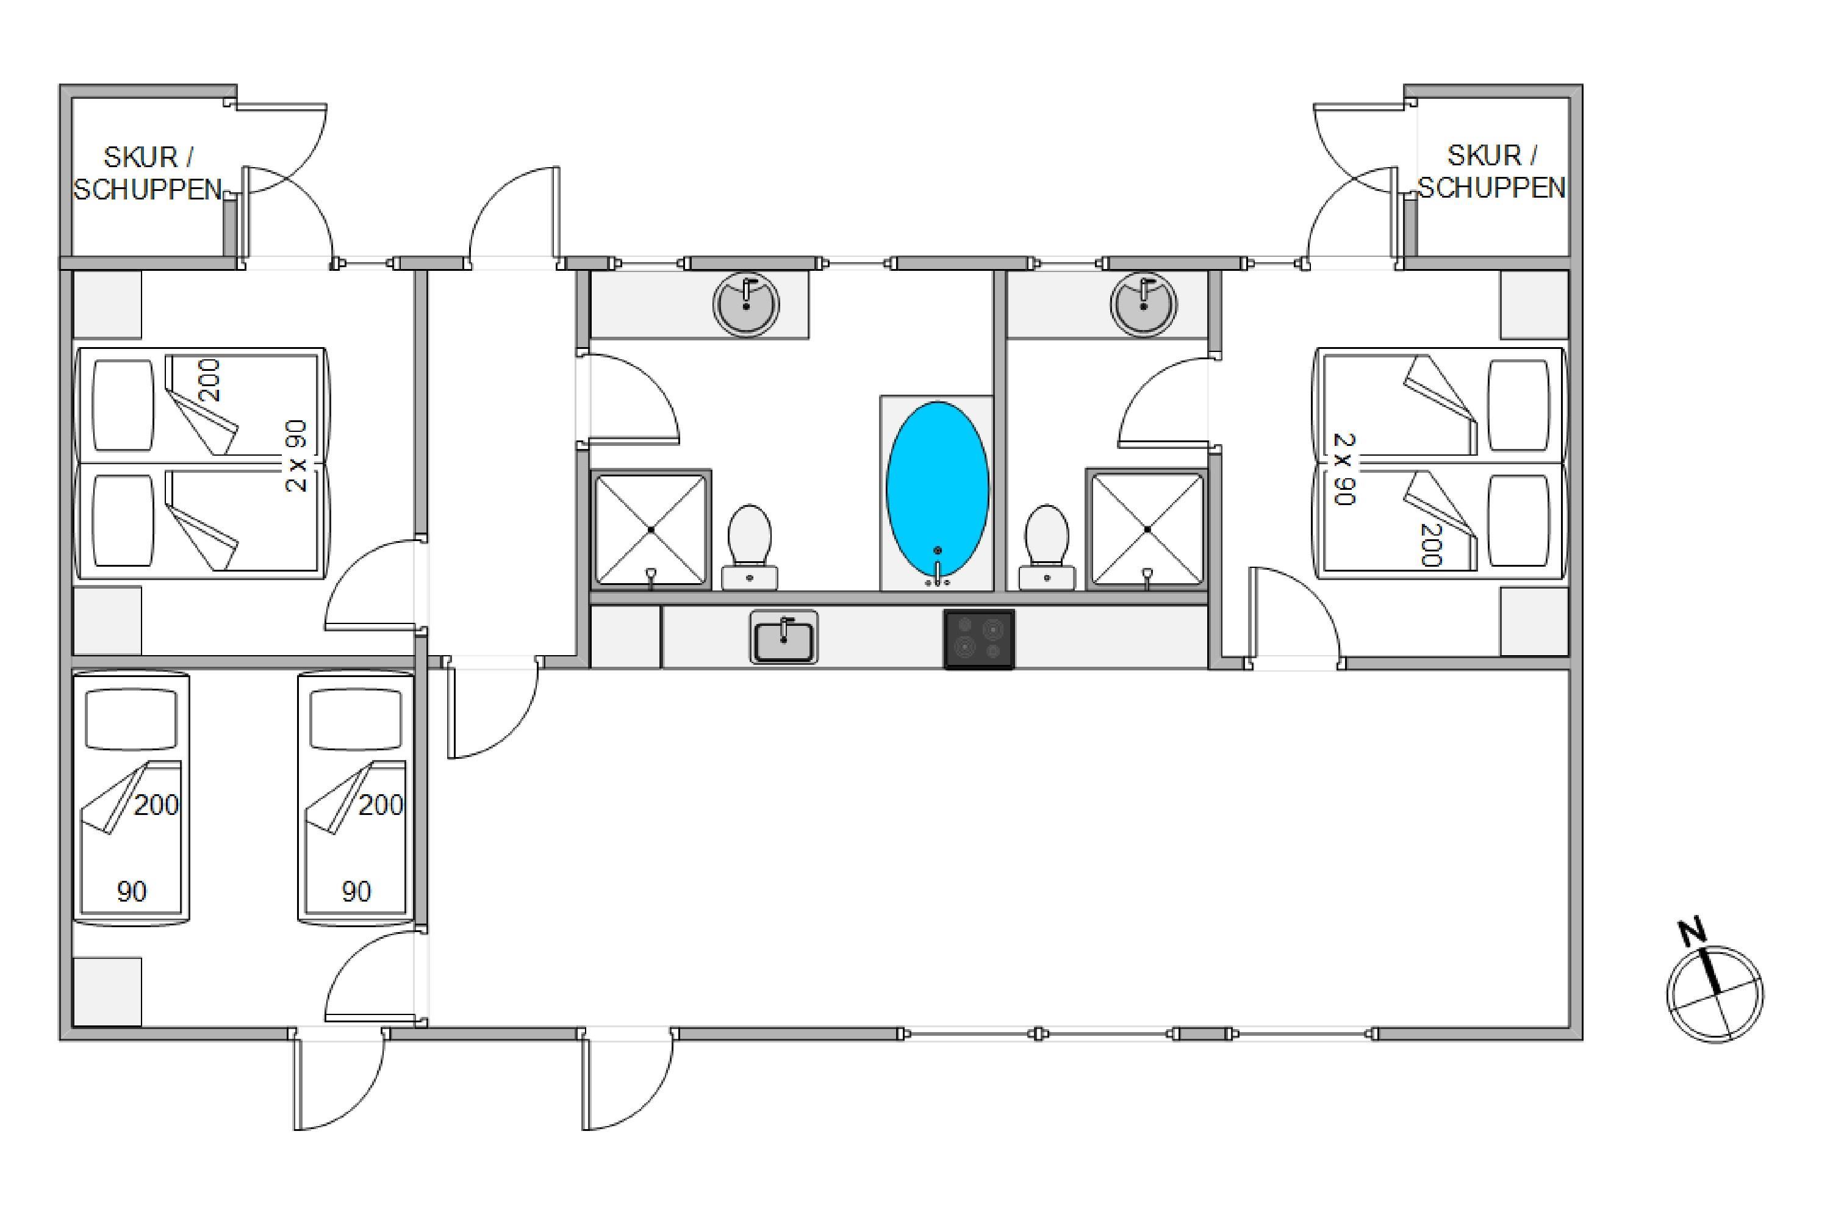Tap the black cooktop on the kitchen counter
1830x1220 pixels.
pyautogui.click(x=979, y=639)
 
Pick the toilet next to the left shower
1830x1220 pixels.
pyautogui.click(x=749, y=545)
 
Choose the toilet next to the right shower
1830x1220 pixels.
pyautogui.click(x=1047, y=545)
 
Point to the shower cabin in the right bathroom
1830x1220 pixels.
pyautogui.click(x=1147, y=529)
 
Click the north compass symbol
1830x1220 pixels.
pyautogui.click(x=1715, y=994)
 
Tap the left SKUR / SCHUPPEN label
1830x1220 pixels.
pyautogui.click(x=148, y=173)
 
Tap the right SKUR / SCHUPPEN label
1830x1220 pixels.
pyautogui.click(x=1491, y=172)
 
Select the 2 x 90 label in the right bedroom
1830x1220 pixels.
pyautogui.click(x=1344, y=468)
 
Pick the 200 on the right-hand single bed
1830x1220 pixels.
pyautogui.click(x=381, y=805)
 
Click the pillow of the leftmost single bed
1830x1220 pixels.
pyautogui.click(x=131, y=719)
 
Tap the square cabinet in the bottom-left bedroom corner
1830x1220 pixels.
pyautogui.click(x=107, y=992)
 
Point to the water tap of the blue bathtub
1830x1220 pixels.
pyautogui.click(x=937, y=572)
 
